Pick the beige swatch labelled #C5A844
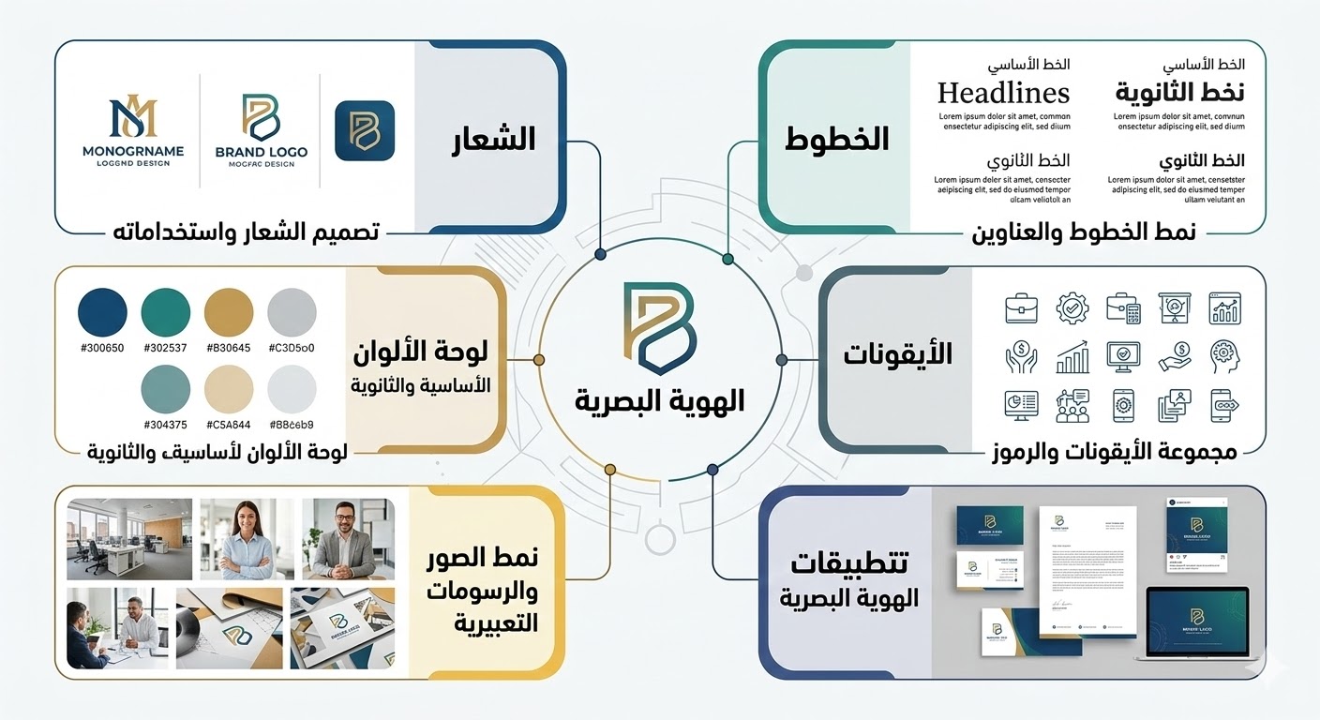pos(229,388)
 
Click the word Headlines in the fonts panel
pos(1003,93)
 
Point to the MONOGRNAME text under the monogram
pos(134,150)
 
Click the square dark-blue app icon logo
pos(364,130)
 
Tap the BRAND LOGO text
pos(261,151)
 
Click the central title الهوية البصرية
pos(660,400)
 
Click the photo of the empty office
pos(129,538)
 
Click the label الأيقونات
pos(897,354)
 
